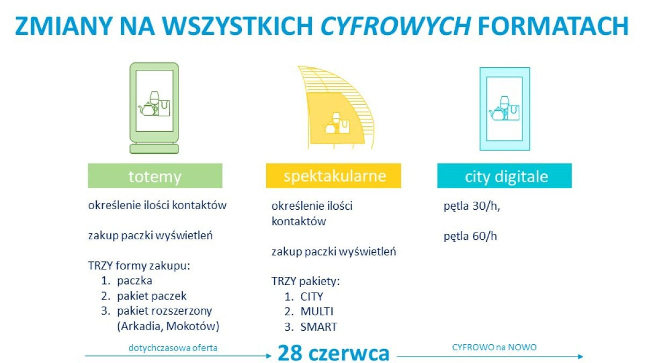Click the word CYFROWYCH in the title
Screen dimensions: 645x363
click(x=396, y=26)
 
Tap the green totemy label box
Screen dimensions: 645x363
click(x=155, y=176)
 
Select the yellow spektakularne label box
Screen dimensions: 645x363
click(x=333, y=176)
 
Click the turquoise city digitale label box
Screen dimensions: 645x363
click(x=505, y=176)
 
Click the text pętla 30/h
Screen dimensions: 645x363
click(x=472, y=207)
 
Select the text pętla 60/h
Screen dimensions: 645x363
click(x=470, y=236)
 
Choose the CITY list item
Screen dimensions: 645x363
click(x=312, y=296)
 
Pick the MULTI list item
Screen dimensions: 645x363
click(x=317, y=311)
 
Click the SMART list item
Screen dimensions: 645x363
click(x=318, y=327)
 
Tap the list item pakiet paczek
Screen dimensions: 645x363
click(x=152, y=296)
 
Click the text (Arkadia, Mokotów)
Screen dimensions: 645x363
click(x=168, y=326)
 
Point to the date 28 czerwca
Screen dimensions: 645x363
click(x=333, y=353)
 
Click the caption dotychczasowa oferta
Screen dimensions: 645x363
click(x=173, y=348)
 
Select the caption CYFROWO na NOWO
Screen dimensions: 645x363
click(x=494, y=347)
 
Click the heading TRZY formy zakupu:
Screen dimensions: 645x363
click(x=139, y=266)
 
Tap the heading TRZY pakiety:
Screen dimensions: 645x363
click(x=305, y=281)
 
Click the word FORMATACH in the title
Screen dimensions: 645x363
click(x=553, y=26)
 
